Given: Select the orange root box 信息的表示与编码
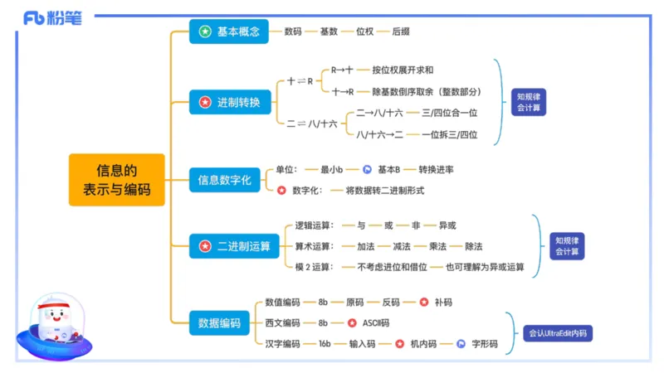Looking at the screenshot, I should click(x=117, y=180).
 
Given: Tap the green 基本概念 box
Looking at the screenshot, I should click(x=229, y=31).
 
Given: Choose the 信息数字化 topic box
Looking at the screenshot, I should click(x=224, y=178).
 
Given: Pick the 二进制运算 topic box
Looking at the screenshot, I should click(x=234, y=246).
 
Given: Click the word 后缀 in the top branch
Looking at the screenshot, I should click(x=401, y=31).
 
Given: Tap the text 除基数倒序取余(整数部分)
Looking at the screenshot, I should click(x=427, y=92).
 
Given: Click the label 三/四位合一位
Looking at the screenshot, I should click(x=450, y=113).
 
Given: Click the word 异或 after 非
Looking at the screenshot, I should click(x=447, y=225).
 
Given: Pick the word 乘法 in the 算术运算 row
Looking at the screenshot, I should click(x=438, y=246).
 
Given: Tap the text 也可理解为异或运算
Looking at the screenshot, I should click(x=485, y=267).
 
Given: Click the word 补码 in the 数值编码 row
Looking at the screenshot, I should click(x=443, y=302).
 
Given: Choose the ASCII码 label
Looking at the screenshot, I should click(x=375, y=322).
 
